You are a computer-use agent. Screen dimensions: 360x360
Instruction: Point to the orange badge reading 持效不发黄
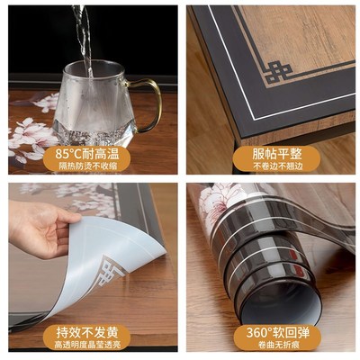click(90, 332)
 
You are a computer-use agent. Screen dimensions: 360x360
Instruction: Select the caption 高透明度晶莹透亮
click(90, 345)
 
